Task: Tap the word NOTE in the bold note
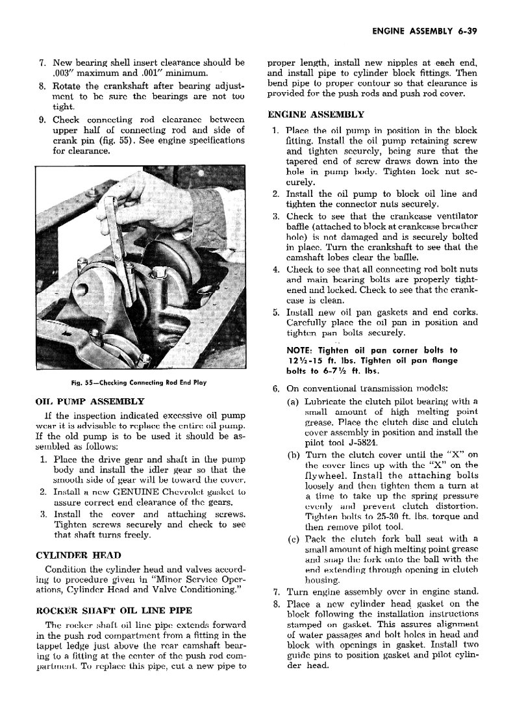[x=299, y=350]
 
